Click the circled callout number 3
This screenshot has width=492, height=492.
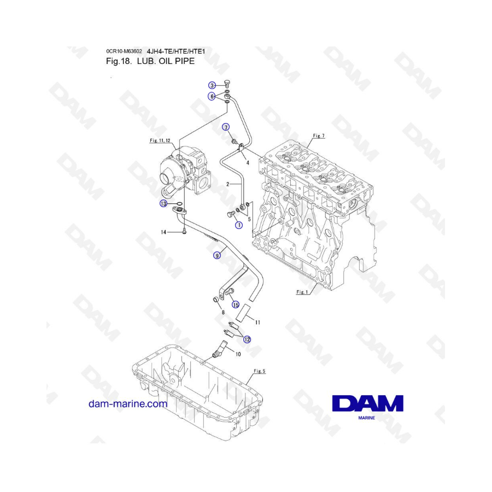pos(212,85)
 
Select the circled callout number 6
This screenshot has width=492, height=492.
pos(212,96)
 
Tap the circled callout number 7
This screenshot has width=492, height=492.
pos(226,127)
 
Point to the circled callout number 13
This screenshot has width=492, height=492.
pos(163,204)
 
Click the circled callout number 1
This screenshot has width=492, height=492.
pos(239,225)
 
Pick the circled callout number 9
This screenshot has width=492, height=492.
pos(217,256)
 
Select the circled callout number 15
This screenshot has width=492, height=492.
pos(236,304)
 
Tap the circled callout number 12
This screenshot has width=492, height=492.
pos(247,339)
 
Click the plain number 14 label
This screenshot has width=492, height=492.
pos(163,232)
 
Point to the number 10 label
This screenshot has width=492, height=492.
pos(238,354)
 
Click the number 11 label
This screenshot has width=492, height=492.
pos(257,322)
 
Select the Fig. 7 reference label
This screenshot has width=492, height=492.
pos(319,136)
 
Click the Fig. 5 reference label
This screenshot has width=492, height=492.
pos(260,371)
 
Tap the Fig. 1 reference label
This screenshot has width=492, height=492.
pos(302,292)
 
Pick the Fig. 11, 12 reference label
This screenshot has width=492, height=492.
pos(160,140)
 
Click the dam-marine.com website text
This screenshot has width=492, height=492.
pos(128,404)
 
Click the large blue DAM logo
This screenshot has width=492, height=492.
pos(368,403)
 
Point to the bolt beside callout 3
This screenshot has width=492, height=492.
pos(227,84)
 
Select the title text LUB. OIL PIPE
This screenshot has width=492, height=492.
pos(166,61)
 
